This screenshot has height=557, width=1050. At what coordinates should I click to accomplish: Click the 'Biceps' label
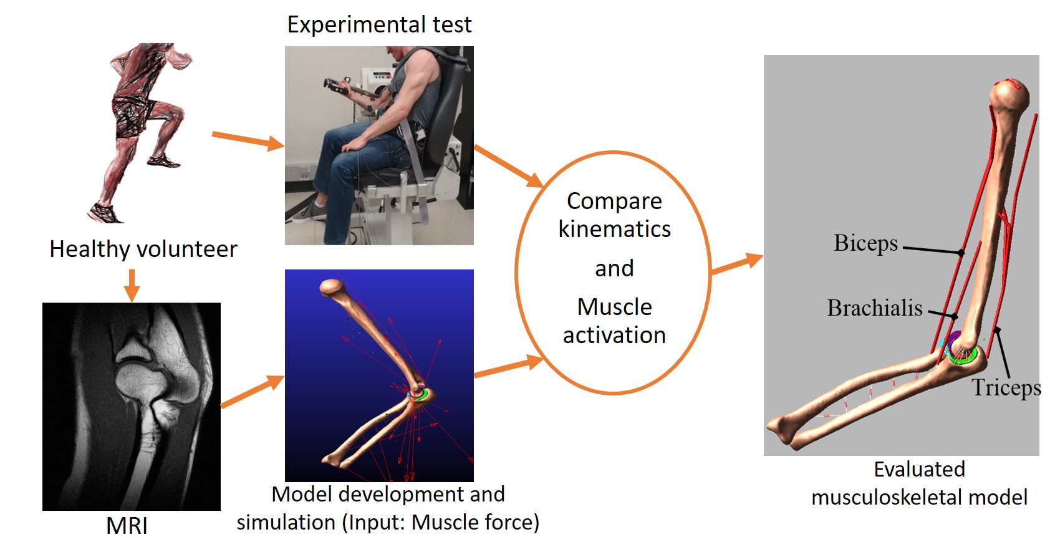(865, 243)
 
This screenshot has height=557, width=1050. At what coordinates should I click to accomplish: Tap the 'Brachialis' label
(875, 308)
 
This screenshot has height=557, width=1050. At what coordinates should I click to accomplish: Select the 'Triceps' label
(1006, 388)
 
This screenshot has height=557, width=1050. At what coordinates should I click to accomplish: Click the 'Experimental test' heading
(379, 24)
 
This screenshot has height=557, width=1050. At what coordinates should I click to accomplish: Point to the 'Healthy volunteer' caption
(143, 249)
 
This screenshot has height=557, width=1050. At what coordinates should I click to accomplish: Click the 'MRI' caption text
(127, 526)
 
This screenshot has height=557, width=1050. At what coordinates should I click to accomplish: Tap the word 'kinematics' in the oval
(615, 229)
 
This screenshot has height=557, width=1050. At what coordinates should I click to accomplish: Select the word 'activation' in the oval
(615, 335)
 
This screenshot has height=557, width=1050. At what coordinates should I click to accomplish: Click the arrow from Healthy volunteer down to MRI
(132, 285)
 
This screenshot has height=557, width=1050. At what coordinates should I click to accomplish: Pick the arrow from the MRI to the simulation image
(252, 392)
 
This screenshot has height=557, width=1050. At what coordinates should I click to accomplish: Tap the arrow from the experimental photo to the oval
(509, 167)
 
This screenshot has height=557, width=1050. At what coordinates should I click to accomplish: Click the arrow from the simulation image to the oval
(509, 366)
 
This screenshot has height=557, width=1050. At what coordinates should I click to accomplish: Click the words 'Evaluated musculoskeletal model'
(920, 483)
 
